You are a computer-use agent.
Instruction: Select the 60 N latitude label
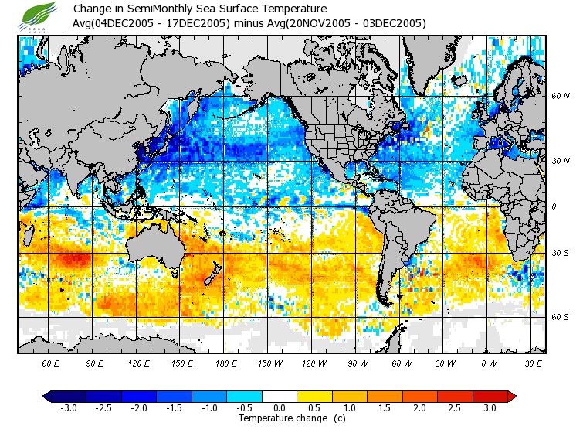pos(560,96)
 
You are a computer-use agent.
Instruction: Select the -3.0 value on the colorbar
pos(68,407)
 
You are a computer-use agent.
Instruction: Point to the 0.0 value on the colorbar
pos(280,407)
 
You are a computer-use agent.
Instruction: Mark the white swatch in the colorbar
pos(280,396)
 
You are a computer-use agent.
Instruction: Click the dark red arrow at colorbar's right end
pos(511,396)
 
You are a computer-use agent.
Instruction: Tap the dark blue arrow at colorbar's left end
pos(47,396)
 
